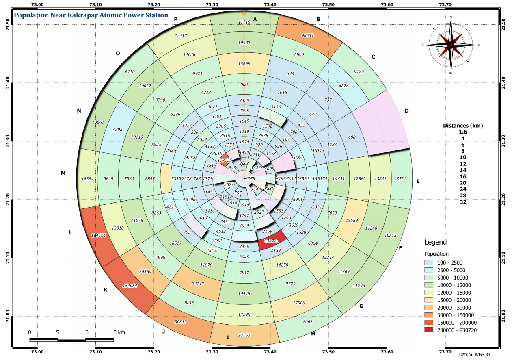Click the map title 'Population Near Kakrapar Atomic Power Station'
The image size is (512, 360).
91,15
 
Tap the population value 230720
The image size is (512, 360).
272,241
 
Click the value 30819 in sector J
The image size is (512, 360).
183,322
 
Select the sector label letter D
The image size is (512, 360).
406,111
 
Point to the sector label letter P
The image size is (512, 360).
176,19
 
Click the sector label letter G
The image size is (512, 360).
361,306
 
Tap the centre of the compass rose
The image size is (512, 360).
451,45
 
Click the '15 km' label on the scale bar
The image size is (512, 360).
118,332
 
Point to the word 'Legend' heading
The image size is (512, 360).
435,242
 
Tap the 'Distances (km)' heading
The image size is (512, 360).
462,125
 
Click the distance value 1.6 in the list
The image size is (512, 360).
462,132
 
